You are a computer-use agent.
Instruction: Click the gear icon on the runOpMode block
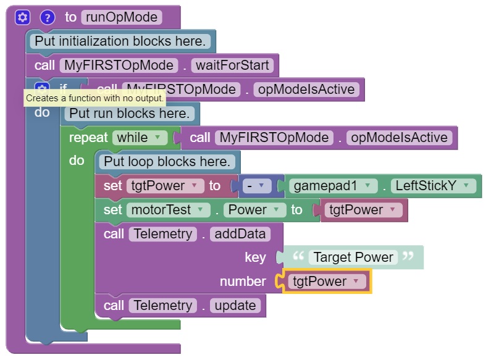(22, 17)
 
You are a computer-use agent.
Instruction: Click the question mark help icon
(48, 17)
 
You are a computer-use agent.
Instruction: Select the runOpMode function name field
(121, 17)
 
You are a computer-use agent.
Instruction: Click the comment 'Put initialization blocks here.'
(120, 42)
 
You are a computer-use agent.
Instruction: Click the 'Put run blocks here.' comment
(128, 114)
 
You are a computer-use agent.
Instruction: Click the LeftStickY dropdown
(435, 186)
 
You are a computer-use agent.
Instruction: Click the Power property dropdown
(254, 210)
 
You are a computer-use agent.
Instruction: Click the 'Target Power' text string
(353, 257)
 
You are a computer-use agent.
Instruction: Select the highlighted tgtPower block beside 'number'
(326, 282)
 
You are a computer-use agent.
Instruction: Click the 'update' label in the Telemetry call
(235, 306)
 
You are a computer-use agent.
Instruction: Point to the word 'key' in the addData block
(255, 257)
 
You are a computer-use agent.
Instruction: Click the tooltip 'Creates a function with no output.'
(94, 98)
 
